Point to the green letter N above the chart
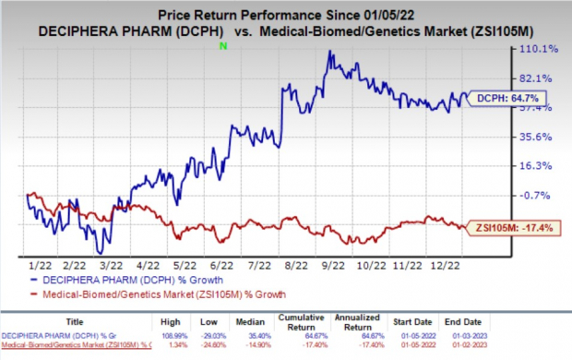(x=227, y=44)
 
